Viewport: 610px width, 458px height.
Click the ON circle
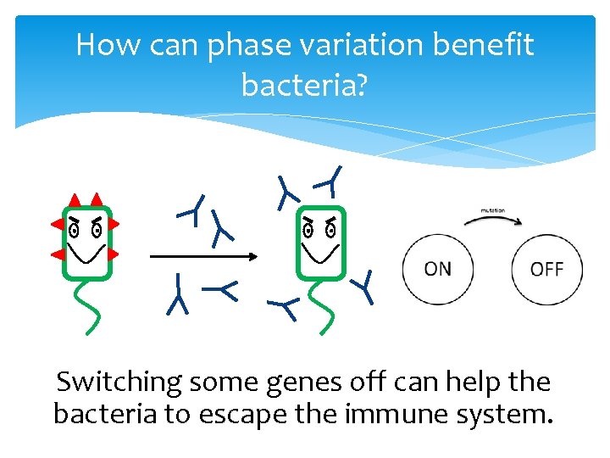[x=438, y=270]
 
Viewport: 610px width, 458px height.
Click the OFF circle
[x=547, y=270]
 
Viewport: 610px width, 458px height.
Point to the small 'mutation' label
[x=493, y=209]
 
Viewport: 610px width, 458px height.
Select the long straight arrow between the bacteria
[x=203, y=255]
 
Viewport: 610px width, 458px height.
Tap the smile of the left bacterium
[x=87, y=252]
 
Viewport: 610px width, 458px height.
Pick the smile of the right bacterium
[x=320, y=252]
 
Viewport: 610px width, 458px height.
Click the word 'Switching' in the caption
[x=119, y=383]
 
